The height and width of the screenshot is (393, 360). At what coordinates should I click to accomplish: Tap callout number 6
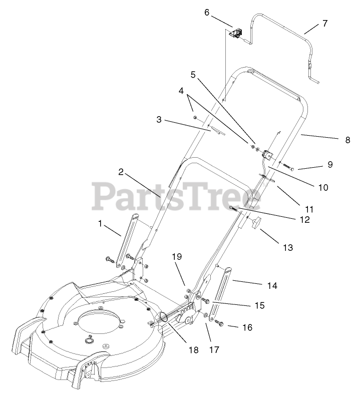[x=207, y=12]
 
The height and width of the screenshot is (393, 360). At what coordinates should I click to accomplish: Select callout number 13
[x=287, y=247]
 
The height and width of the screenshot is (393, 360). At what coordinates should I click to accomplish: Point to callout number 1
[x=100, y=224]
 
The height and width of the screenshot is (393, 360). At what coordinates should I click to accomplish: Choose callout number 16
[x=248, y=327]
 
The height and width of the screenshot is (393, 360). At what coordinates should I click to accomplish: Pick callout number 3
[x=159, y=120]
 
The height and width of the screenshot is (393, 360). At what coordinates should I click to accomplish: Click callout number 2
[x=121, y=172]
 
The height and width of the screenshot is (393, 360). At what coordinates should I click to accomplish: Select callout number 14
[x=272, y=286]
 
